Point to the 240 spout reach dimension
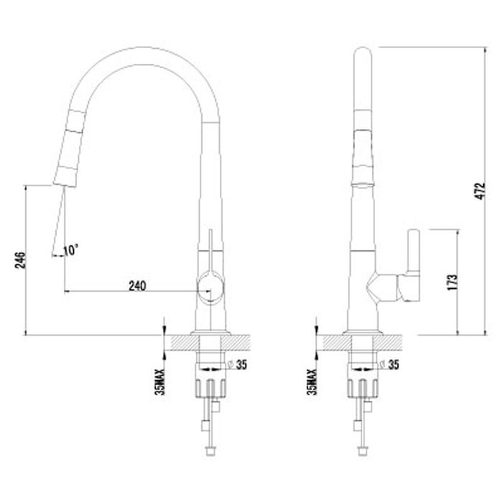tap(137, 285)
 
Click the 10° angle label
tap(71, 250)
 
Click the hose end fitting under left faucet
tap(211, 450)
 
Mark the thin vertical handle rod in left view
tap(211, 248)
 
